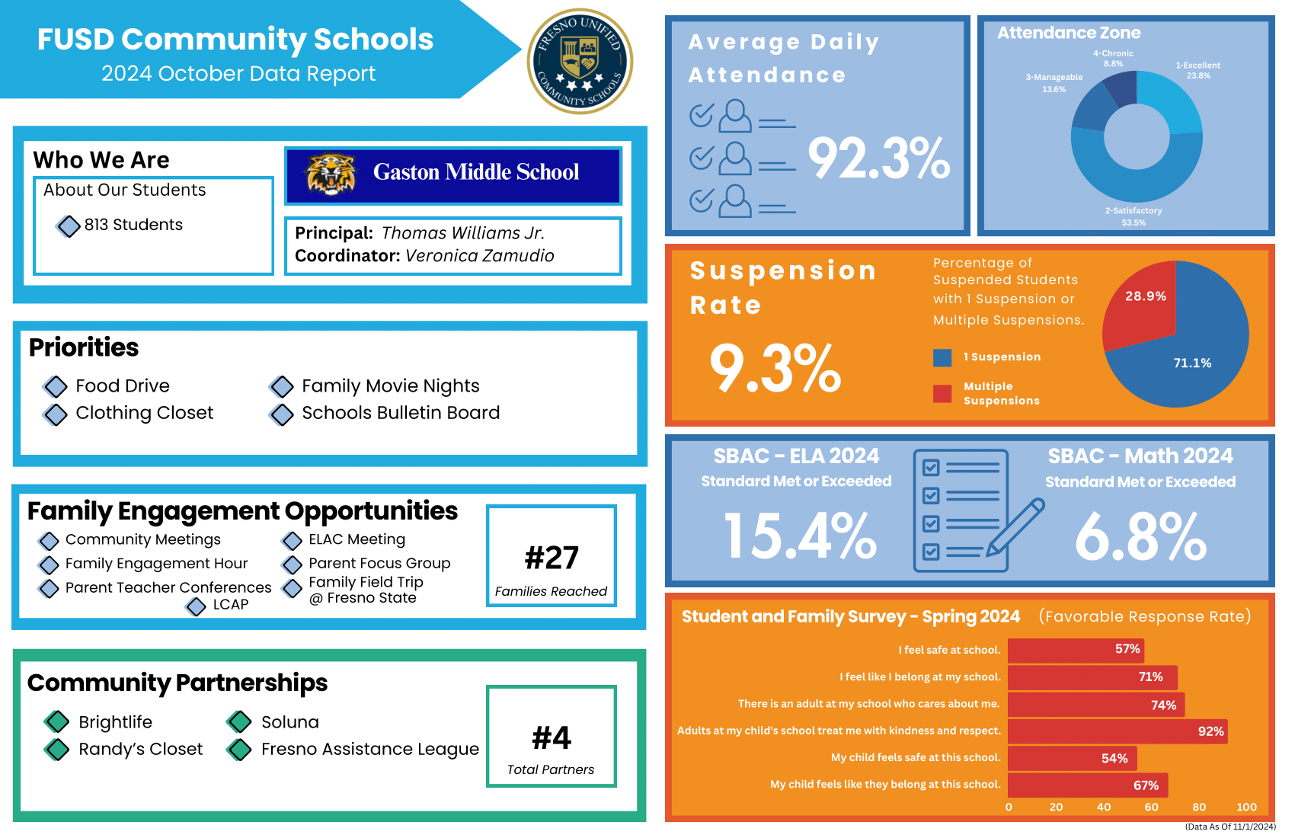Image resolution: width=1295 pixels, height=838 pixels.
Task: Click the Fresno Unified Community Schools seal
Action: [x=580, y=61]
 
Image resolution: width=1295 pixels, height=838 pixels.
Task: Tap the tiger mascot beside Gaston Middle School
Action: [x=331, y=174]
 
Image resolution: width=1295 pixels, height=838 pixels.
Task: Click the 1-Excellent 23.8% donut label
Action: [x=1197, y=70]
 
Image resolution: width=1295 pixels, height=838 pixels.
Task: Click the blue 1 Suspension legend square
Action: [x=942, y=357]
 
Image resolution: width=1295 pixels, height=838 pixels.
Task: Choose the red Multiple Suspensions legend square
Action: [x=942, y=393]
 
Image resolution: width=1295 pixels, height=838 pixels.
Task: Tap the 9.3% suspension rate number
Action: [x=775, y=368]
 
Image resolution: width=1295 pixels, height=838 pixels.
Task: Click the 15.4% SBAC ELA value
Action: [x=800, y=536]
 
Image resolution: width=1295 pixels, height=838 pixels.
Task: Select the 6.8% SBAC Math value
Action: [x=1140, y=536]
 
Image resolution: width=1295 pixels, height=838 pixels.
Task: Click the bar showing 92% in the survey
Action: [x=1117, y=731]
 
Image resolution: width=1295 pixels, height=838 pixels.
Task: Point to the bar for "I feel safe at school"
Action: [x=1075, y=650]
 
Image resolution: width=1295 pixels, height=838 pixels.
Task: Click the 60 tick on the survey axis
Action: [x=1151, y=807]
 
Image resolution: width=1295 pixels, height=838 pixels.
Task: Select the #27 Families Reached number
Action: [x=552, y=558]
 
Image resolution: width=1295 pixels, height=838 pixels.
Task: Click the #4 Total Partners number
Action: [x=552, y=737]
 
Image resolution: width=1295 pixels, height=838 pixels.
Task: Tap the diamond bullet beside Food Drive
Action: [x=56, y=386]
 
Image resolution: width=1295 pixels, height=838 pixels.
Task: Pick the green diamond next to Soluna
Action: [x=239, y=721]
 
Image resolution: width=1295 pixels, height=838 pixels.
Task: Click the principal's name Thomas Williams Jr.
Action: [x=462, y=233]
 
